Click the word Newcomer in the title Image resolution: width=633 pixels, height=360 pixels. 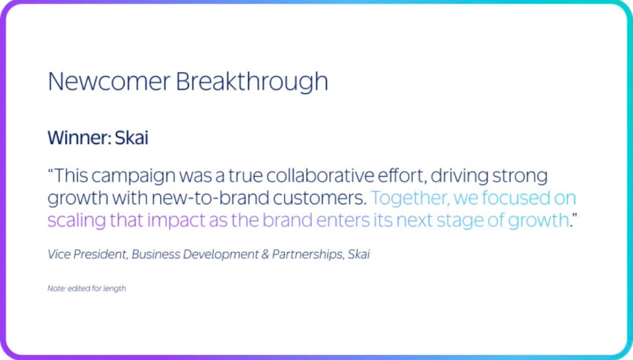pyautogui.click(x=109, y=81)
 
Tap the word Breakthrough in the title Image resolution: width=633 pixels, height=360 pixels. pyautogui.click(x=252, y=82)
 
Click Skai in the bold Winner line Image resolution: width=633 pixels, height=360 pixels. pyautogui.click(x=131, y=137)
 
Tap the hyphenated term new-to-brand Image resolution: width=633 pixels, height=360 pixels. pyautogui.click(x=210, y=197)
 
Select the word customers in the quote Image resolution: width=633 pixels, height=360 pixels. pyautogui.click(x=319, y=198)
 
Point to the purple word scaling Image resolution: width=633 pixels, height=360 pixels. pyautogui.click(x=76, y=221)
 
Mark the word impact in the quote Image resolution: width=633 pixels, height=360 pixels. pyautogui.click(x=176, y=221)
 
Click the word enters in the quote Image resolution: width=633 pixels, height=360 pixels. pyautogui.click(x=343, y=220)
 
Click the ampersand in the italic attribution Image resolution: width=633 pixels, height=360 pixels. pyautogui.click(x=265, y=254)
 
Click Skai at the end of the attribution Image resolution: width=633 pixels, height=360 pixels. pyautogui.click(x=358, y=254)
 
